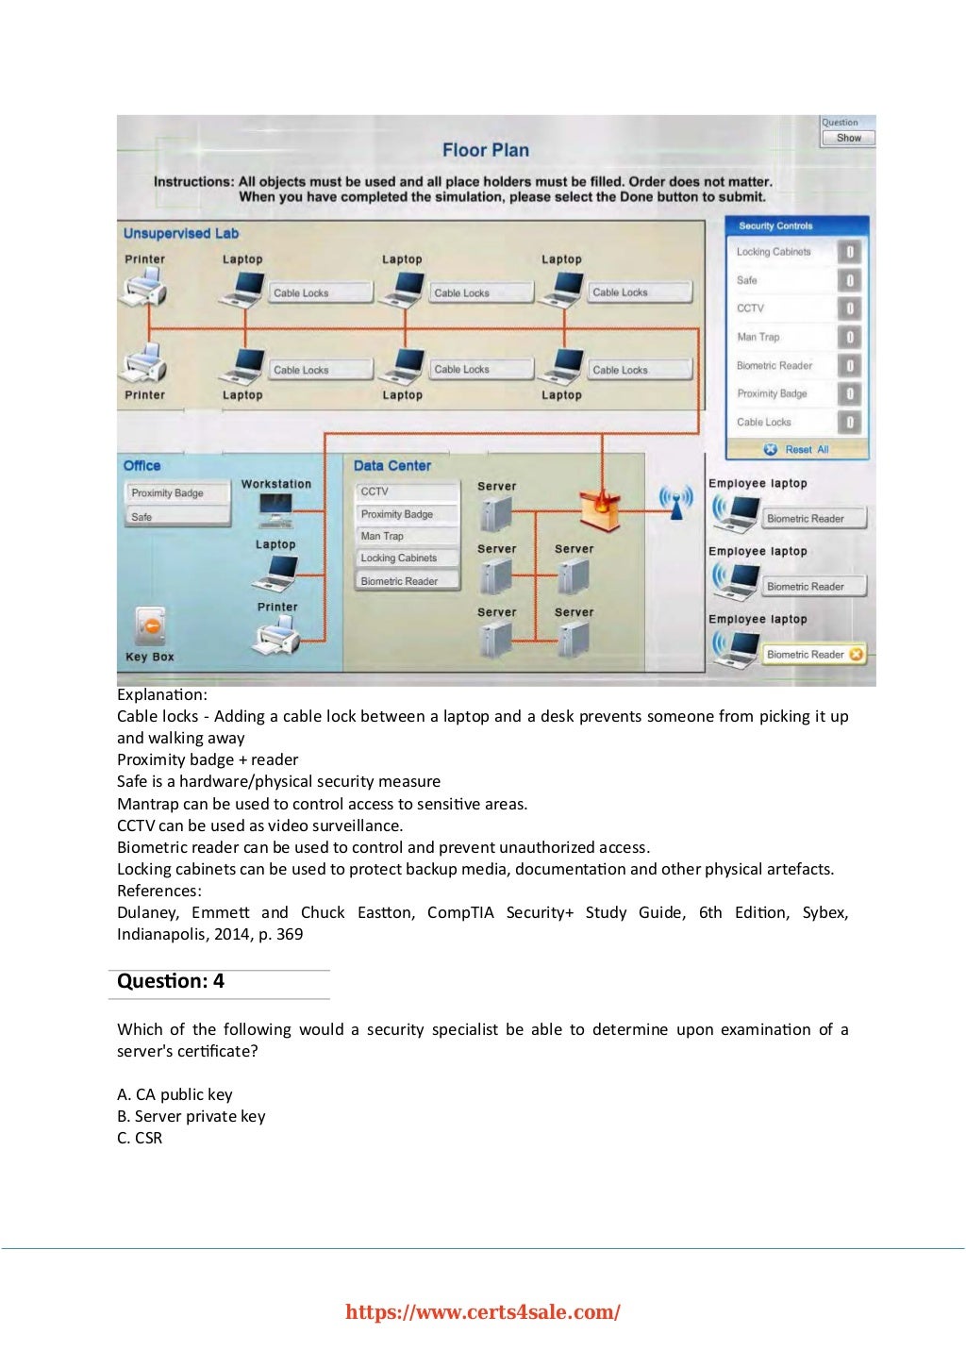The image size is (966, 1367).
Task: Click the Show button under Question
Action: [848, 138]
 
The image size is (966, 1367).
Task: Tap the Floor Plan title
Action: [486, 150]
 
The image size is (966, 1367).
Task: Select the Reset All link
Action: [798, 450]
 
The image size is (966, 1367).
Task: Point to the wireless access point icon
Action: [675, 502]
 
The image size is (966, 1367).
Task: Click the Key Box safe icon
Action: [150, 626]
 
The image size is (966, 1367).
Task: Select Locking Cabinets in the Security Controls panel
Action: [774, 252]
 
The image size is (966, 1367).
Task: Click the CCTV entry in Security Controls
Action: [751, 308]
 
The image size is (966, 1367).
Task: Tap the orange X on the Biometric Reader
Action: [856, 654]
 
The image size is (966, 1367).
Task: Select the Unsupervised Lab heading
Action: [181, 234]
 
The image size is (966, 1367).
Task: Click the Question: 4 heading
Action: [171, 981]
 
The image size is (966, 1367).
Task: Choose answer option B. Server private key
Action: [192, 1116]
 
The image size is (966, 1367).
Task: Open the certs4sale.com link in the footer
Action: [483, 1312]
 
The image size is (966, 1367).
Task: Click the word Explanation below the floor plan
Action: [161, 695]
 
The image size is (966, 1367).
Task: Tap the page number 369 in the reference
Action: [290, 934]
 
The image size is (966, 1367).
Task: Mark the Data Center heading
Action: [391, 466]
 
